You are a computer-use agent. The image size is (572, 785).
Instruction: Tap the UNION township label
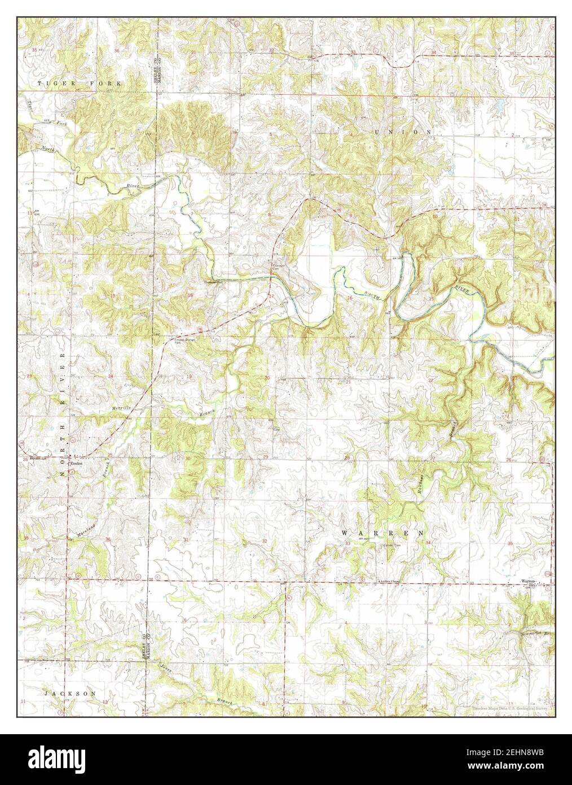[x=404, y=132]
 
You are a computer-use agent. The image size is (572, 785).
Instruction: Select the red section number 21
[x=349, y=382]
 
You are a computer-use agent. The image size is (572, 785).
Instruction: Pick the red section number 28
[x=347, y=457]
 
